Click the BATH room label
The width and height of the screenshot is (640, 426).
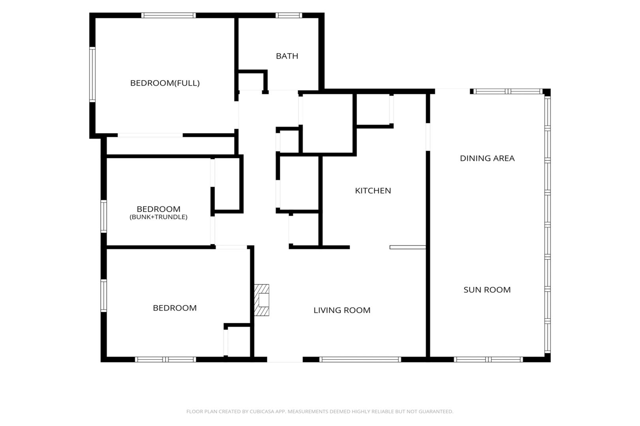(x=287, y=56)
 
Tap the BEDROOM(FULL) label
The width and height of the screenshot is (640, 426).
(x=165, y=83)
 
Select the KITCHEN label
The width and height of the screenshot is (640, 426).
(x=373, y=191)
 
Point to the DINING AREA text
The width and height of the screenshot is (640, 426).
(x=487, y=158)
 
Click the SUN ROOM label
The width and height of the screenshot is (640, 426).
(x=487, y=290)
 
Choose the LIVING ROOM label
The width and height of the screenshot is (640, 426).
(x=342, y=310)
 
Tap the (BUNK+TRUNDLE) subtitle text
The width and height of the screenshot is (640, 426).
(x=159, y=217)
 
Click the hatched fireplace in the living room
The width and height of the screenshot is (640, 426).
(x=261, y=300)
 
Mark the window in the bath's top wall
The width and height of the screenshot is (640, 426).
(x=289, y=15)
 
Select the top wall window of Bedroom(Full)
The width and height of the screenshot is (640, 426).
(x=168, y=15)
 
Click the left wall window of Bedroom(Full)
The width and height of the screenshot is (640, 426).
(x=92, y=75)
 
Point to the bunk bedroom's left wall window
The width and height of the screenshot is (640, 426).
(x=103, y=217)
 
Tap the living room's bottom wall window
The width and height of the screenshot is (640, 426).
(x=360, y=359)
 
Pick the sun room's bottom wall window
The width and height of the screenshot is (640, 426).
(x=488, y=359)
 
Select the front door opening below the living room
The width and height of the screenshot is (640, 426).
(x=285, y=359)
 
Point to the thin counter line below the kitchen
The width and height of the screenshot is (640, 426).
(x=408, y=247)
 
